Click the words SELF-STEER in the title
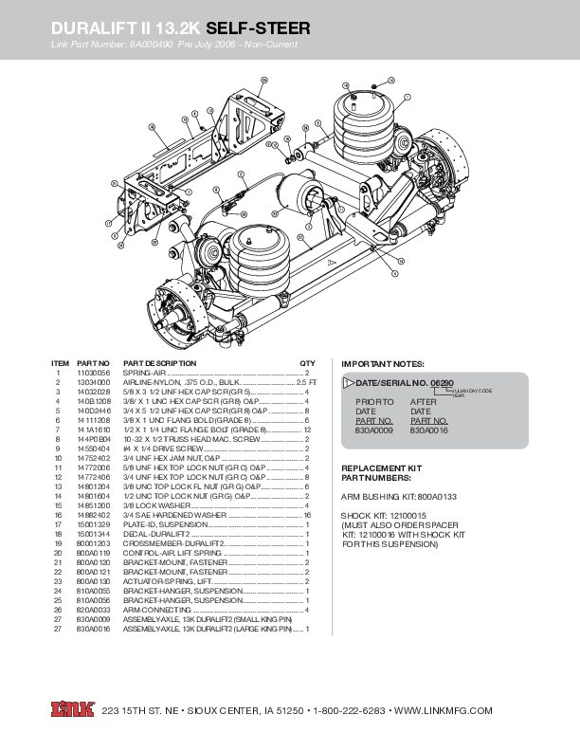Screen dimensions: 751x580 258,29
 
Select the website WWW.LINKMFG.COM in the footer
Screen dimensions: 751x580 444,710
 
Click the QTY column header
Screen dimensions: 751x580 307,363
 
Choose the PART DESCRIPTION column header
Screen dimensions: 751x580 159,363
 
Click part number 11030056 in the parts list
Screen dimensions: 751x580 93,373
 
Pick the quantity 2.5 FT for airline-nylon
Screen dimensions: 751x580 299,381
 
